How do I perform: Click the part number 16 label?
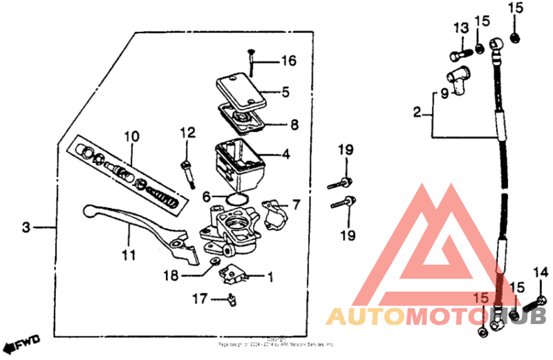288,61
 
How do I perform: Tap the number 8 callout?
294,125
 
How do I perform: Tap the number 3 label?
26,227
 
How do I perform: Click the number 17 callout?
200,299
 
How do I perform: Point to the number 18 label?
170,276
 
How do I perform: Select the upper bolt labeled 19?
340,184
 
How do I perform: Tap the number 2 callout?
417,112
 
